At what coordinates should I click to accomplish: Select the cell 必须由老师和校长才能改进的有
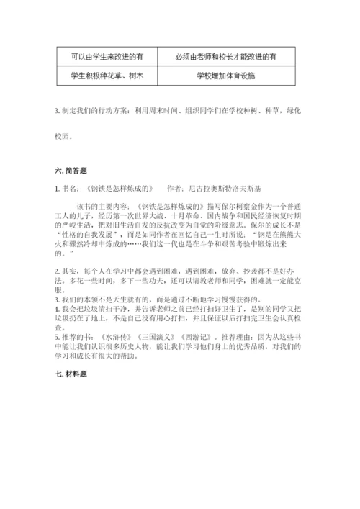click(225, 55)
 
